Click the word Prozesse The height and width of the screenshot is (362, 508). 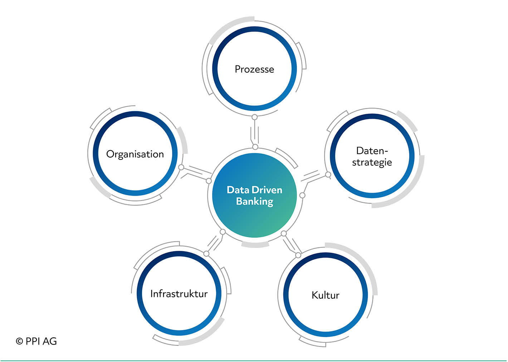pyautogui.click(x=254, y=69)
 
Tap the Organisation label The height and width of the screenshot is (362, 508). pyautogui.click(x=135, y=155)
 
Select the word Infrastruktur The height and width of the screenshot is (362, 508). pyautogui.click(x=179, y=294)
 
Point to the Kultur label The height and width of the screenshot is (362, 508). pyautogui.click(x=326, y=295)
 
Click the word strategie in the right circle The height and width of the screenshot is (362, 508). pyautogui.click(x=372, y=163)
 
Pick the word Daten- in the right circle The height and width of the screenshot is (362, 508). pyautogui.click(x=372, y=151)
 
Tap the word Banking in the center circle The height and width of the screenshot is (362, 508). pyautogui.click(x=254, y=202)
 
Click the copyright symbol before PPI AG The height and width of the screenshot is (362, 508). pyautogui.click(x=20, y=341)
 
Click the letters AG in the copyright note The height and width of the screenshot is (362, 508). pyautogui.click(x=50, y=341)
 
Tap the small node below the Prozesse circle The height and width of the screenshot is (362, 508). pyautogui.click(x=254, y=117)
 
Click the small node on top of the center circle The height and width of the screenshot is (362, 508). pyautogui.click(x=255, y=147)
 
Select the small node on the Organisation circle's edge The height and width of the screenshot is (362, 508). pyautogui.click(x=181, y=167)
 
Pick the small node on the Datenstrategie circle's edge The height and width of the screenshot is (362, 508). pyautogui.click(x=328, y=175)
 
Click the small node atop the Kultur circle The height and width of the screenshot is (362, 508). pyautogui.click(x=298, y=255)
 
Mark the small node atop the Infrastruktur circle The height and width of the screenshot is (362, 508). pyautogui.click(x=206, y=254)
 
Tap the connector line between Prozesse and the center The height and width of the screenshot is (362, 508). pyautogui.click(x=254, y=132)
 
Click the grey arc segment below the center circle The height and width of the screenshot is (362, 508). pyautogui.click(x=255, y=245)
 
